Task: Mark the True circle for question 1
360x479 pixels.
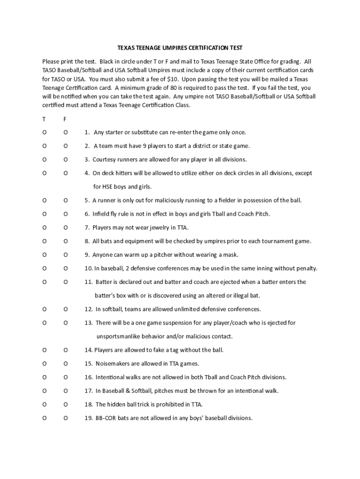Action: [44, 132]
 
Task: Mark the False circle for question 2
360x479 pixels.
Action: [65, 146]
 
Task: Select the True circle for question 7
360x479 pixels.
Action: [44, 228]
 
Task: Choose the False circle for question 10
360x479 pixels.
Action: [65, 269]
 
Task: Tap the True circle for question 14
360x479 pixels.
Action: [44, 350]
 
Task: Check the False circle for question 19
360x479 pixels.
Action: [65, 418]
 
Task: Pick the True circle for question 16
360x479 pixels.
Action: [44, 377]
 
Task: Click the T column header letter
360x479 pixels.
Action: [44, 119]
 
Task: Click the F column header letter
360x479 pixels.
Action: [65, 119]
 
